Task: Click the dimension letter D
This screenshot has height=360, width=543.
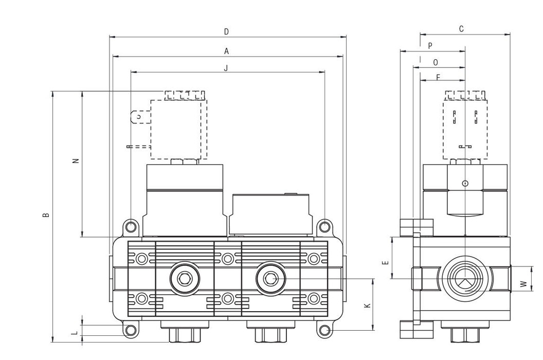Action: click(x=226, y=32)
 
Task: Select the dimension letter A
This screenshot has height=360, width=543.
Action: click(x=226, y=51)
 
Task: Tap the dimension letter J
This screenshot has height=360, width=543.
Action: click(x=226, y=67)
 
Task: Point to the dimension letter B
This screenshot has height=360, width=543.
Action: click(x=46, y=214)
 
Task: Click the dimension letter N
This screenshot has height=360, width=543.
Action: click(x=76, y=160)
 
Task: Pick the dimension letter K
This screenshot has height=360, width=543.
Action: click(x=367, y=305)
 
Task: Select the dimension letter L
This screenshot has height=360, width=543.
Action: click(x=75, y=333)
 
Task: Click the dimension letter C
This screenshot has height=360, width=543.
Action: click(x=461, y=29)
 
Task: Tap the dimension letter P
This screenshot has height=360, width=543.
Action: click(x=430, y=46)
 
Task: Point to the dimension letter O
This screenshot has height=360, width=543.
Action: click(x=436, y=62)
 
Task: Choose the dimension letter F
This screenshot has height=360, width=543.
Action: click(x=438, y=78)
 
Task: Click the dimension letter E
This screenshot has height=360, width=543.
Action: click(x=385, y=262)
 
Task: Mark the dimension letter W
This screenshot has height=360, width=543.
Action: click(x=523, y=284)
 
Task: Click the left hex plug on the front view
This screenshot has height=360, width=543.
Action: click(x=183, y=279)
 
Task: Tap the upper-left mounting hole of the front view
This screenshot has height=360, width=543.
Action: click(x=131, y=226)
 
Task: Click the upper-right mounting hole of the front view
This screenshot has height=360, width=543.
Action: click(x=324, y=226)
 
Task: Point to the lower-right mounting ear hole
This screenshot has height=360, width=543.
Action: click(x=324, y=330)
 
